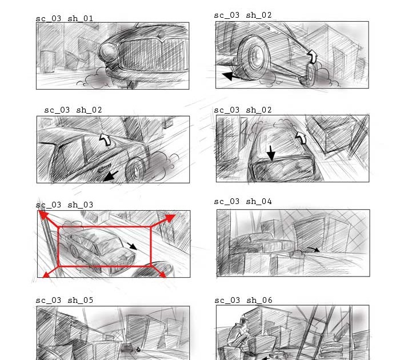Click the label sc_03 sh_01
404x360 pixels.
(x=65, y=19)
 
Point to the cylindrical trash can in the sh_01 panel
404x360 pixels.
(x=48, y=61)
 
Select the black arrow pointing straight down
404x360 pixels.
(x=270, y=153)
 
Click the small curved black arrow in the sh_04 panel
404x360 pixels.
(x=314, y=249)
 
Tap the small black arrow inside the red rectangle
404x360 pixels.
(x=132, y=246)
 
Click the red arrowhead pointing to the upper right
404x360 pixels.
(x=170, y=218)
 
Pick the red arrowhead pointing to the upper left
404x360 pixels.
(x=43, y=215)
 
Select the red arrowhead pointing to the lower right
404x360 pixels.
(x=163, y=274)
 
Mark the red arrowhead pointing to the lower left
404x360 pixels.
(x=46, y=275)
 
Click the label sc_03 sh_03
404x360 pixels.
(x=65, y=205)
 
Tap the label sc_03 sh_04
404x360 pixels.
(x=243, y=202)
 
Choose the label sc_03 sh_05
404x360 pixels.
(x=65, y=301)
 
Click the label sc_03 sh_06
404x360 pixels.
(x=243, y=301)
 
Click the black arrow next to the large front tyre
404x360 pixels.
(x=231, y=76)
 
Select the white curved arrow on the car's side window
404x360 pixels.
(x=105, y=139)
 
